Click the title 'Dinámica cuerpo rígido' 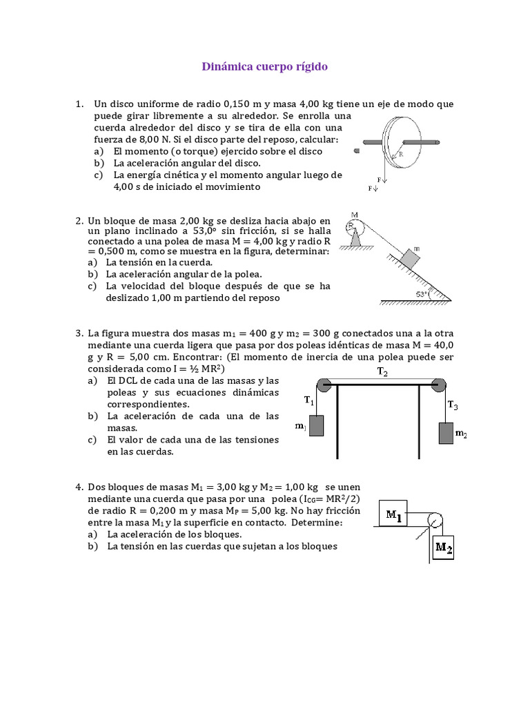[264, 67]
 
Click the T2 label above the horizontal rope [382, 372]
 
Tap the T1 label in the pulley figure [308, 400]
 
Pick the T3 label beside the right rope [453, 405]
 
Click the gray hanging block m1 [316, 425]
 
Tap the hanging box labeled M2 [443, 548]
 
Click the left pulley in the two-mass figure [323, 386]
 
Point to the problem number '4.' [79, 487]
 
